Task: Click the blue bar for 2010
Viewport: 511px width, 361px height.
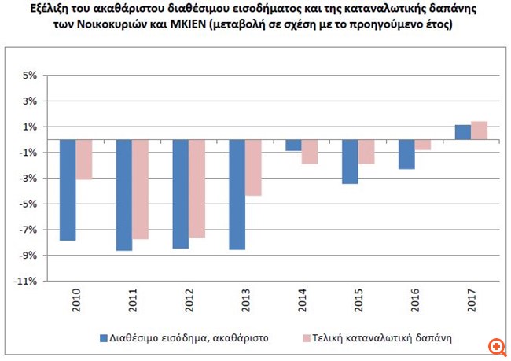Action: tap(68, 190)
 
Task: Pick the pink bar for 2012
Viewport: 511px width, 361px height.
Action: tap(197, 189)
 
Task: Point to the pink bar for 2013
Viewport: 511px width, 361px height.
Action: tap(253, 168)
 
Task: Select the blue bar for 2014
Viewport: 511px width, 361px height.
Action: tap(292, 145)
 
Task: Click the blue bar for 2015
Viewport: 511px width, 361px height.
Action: tap(349, 161)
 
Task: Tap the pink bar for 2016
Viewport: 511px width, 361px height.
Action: tap(421, 145)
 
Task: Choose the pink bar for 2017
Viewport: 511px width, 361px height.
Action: tap(478, 131)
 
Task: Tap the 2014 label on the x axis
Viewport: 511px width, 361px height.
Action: tap(301, 303)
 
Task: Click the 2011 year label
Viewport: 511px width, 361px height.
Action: tap(132, 303)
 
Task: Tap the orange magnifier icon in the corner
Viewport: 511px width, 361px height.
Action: tap(495, 345)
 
